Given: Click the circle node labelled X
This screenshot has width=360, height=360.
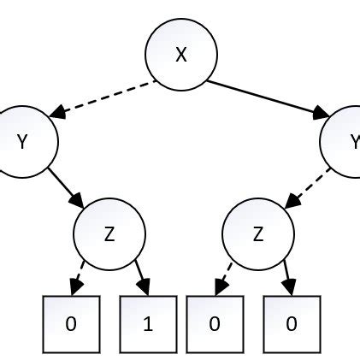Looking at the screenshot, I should coord(180,55).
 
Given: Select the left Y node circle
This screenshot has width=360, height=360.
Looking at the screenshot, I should coord(23,141).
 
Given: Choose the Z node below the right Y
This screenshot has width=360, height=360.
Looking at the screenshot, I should coord(257,233).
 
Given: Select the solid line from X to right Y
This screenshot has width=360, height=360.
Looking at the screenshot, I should coord(265,97).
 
